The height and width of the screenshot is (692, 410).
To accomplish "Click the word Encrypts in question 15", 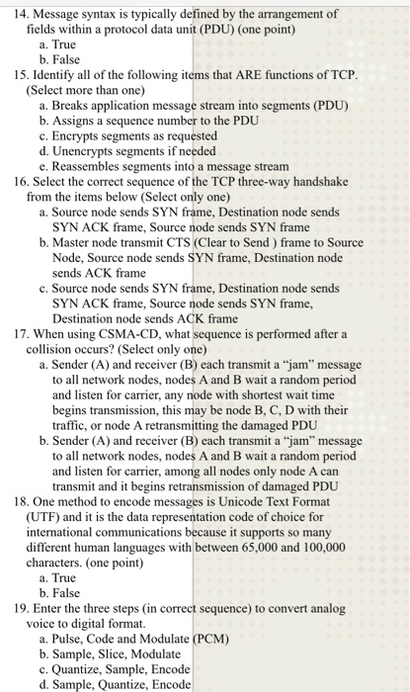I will [83, 135].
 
